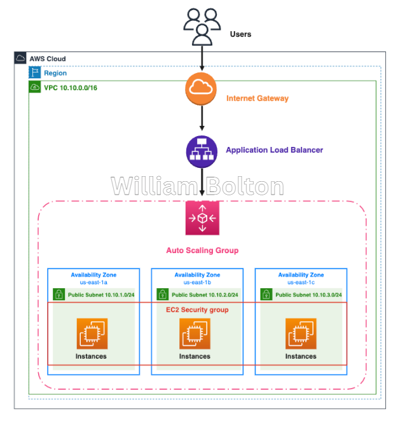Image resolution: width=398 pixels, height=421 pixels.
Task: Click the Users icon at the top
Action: (202, 27)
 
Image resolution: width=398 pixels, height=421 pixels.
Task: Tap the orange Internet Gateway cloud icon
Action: (201, 88)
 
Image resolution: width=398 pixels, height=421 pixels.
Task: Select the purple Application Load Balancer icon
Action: (202, 152)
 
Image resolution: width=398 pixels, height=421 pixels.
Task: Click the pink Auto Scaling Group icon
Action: (202, 218)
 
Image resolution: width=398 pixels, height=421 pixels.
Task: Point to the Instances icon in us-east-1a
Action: (92, 334)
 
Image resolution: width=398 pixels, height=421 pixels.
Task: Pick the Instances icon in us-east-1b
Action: (195, 334)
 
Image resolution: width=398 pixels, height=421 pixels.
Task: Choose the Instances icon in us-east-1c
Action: (301, 334)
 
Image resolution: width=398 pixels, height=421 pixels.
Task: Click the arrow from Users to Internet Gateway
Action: (202, 59)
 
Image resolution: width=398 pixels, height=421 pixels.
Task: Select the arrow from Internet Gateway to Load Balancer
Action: (202, 118)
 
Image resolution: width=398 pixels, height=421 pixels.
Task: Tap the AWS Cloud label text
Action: (48, 59)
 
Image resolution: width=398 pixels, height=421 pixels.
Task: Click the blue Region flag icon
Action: (35, 72)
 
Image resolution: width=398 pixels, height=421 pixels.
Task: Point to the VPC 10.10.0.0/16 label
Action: (71, 88)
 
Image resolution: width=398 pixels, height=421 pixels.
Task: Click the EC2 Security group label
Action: (197, 310)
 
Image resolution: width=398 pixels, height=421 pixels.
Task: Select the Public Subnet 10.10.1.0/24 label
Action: (101, 295)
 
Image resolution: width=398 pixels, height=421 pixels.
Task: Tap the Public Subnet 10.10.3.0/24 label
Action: (308, 295)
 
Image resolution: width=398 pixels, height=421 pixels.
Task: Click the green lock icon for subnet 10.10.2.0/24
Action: (162, 294)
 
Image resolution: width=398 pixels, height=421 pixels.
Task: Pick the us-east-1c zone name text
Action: (301, 282)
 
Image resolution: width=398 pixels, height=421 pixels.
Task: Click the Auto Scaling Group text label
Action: (202, 251)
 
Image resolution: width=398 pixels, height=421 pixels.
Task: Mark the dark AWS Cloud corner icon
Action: (20, 58)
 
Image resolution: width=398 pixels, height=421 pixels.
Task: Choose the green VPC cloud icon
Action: (35, 87)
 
